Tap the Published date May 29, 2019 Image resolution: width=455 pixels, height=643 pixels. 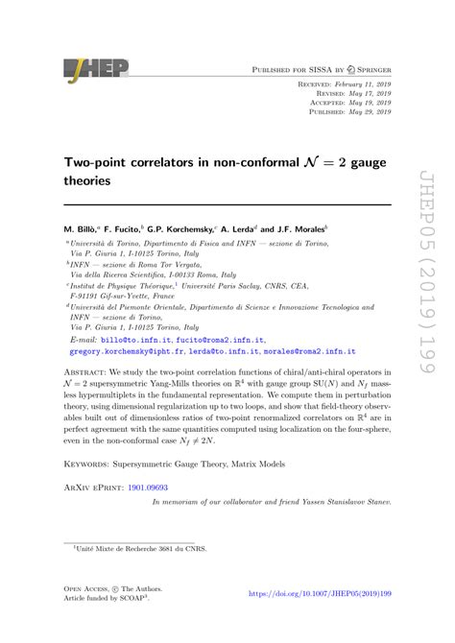[358, 111]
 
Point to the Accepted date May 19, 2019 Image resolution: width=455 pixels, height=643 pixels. [358, 103]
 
